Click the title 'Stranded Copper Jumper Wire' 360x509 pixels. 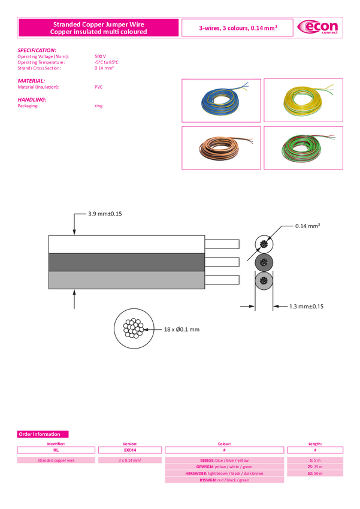98,24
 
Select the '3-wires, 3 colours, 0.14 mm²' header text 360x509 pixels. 238,28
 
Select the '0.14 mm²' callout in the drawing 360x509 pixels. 307,226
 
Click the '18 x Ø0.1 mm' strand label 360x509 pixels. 181,329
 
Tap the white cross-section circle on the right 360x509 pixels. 264,244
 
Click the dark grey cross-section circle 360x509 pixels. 264,262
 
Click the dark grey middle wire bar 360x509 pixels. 126,262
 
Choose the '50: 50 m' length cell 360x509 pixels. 315,473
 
